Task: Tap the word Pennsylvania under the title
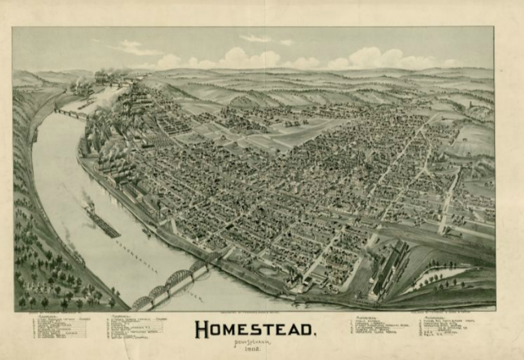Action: (x=256, y=344)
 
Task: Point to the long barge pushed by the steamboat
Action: (x=103, y=224)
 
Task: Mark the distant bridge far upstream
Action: (x=72, y=113)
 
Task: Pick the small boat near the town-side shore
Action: (x=146, y=232)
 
